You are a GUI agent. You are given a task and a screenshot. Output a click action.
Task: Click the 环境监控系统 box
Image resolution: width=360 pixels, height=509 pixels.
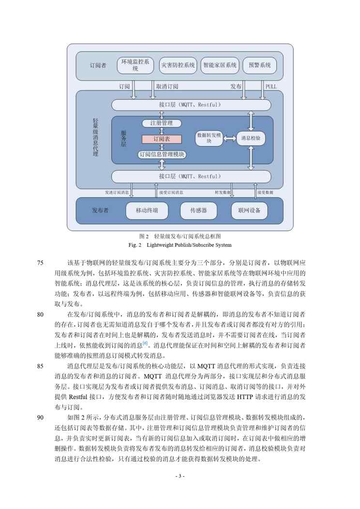135,65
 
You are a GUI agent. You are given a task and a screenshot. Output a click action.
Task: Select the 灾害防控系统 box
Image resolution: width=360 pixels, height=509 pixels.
178,65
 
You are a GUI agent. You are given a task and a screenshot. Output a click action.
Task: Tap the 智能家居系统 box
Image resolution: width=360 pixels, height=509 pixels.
220,65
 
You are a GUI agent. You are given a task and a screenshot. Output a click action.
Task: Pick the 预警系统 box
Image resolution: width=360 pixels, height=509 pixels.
259,65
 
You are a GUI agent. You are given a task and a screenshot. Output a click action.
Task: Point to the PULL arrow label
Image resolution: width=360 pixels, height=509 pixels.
271,86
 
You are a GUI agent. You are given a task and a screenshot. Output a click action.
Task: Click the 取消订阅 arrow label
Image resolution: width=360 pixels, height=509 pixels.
167,86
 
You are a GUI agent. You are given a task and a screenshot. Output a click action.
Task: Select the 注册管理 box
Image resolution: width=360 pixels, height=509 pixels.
162,123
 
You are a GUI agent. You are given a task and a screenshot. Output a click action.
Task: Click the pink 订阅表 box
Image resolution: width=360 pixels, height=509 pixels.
162,139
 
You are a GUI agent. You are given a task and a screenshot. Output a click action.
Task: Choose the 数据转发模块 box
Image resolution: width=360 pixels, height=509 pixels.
209,138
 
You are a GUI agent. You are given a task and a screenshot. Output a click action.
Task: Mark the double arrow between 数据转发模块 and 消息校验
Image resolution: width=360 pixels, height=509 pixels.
230,138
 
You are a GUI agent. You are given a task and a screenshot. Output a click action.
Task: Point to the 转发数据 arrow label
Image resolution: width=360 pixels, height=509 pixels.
224,192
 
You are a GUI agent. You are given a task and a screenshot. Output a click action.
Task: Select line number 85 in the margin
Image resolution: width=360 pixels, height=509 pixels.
40,366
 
